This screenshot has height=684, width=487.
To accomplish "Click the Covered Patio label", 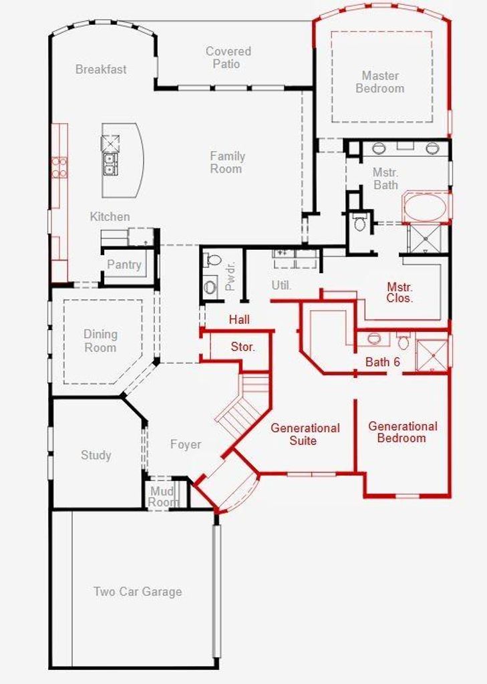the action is click(x=228, y=57).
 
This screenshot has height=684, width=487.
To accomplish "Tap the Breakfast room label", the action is click(x=101, y=69).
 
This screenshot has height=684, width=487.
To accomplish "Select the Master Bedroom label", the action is click(x=380, y=82).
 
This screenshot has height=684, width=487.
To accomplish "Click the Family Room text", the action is click(x=227, y=162).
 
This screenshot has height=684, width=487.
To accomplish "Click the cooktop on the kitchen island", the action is click(x=110, y=143).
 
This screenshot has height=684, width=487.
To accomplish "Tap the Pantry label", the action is click(x=124, y=265).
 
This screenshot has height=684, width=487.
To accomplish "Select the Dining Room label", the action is click(x=100, y=341).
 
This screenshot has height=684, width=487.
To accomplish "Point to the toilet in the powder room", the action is click(x=213, y=260).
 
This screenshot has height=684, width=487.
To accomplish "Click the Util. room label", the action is click(x=281, y=285).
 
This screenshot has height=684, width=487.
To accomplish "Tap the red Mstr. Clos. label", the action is click(x=399, y=293).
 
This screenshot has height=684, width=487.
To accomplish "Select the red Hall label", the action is click(x=239, y=320).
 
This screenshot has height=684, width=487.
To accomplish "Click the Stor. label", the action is click(x=242, y=347).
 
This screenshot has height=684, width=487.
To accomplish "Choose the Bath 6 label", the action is click(x=383, y=362).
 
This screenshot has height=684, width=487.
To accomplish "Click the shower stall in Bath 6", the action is click(x=432, y=355).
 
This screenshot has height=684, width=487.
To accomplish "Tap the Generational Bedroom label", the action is click(x=402, y=432).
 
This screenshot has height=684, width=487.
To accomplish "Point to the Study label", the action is click(x=96, y=455).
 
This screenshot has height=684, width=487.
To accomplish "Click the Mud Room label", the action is click(x=162, y=496).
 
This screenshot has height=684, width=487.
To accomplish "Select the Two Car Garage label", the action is click(x=138, y=592).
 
